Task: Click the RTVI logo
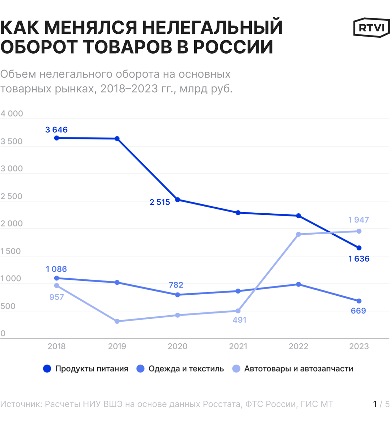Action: [372, 27]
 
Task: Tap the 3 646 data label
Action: [56, 130]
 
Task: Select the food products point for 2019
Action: [117, 139]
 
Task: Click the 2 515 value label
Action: [160, 202]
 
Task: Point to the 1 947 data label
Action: [359, 220]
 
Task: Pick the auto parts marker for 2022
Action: [298, 234]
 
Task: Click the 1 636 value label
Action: [359, 259]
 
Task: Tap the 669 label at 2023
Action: [358, 311]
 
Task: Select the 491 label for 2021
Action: [239, 320]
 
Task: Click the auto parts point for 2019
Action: [117, 321]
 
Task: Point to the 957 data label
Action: [56, 297]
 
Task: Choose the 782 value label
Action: [176, 285]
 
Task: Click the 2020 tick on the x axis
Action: [178, 346]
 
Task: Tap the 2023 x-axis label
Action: [359, 346]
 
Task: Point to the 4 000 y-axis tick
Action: [12, 114]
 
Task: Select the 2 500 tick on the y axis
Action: [12, 196]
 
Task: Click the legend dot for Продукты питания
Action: [47, 369]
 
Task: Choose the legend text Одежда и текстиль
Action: [186, 369]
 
